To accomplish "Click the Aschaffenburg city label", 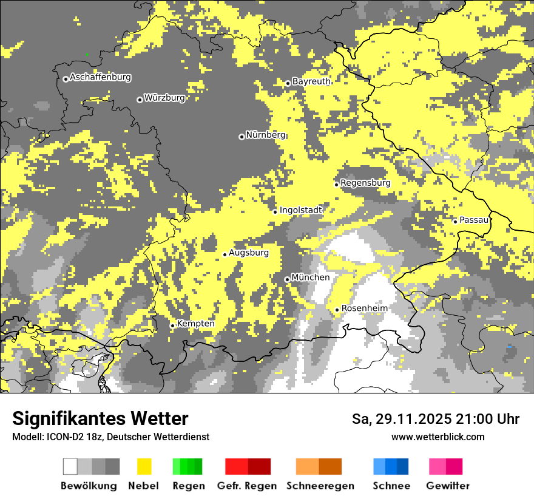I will coord(100,77).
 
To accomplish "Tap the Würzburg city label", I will coord(164,98).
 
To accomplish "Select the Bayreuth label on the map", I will coord(311,81).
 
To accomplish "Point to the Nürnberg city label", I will coord(266,135).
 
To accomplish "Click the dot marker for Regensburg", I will coord(336,184).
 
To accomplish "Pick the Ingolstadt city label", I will coord(300,210).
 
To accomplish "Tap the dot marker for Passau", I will coord(455,221).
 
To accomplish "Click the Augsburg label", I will coord(249,253).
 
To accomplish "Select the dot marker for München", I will coord(287,279).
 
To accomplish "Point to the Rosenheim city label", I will coord(364,308).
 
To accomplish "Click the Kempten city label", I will coord(195,324).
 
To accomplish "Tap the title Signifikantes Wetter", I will coord(100,418).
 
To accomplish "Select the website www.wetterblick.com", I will coord(438,437).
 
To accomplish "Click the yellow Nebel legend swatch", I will coord(144,466).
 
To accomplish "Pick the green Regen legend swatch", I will coord(188,466).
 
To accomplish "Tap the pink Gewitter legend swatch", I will coord(445,466).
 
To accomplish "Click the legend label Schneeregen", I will coord(320,486).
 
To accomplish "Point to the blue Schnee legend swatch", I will coord(391,466).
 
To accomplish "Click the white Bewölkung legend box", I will coord(70,466).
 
